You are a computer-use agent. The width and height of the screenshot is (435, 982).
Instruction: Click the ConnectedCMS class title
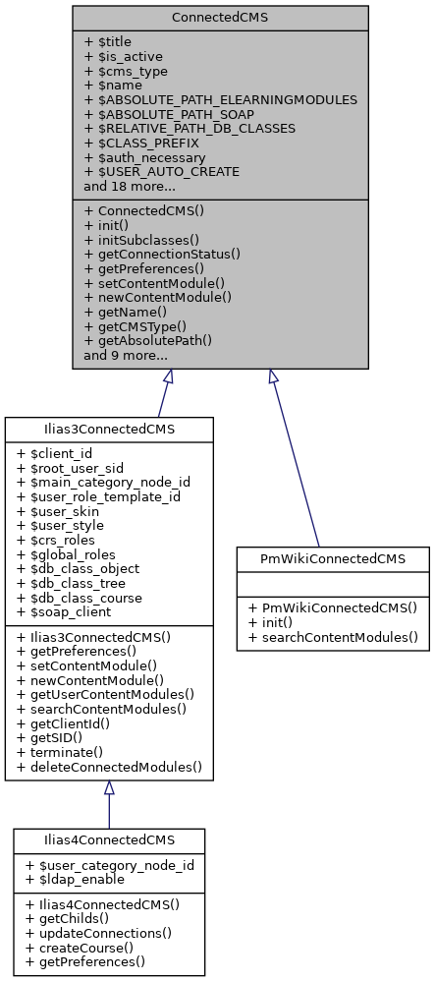pos(220,17)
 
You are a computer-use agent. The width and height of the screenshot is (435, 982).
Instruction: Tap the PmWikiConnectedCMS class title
pos(332,559)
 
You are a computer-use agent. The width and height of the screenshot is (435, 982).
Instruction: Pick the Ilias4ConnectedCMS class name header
pos(109,839)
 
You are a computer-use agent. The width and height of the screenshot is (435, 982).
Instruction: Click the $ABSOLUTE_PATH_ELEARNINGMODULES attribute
pos(220,99)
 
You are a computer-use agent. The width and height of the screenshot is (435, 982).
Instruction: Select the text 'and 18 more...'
pos(130,185)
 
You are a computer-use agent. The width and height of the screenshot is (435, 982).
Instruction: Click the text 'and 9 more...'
pos(126,354)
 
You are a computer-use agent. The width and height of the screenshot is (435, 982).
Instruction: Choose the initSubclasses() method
pos(141,239)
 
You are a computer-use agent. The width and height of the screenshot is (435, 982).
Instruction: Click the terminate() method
pos(62,752)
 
